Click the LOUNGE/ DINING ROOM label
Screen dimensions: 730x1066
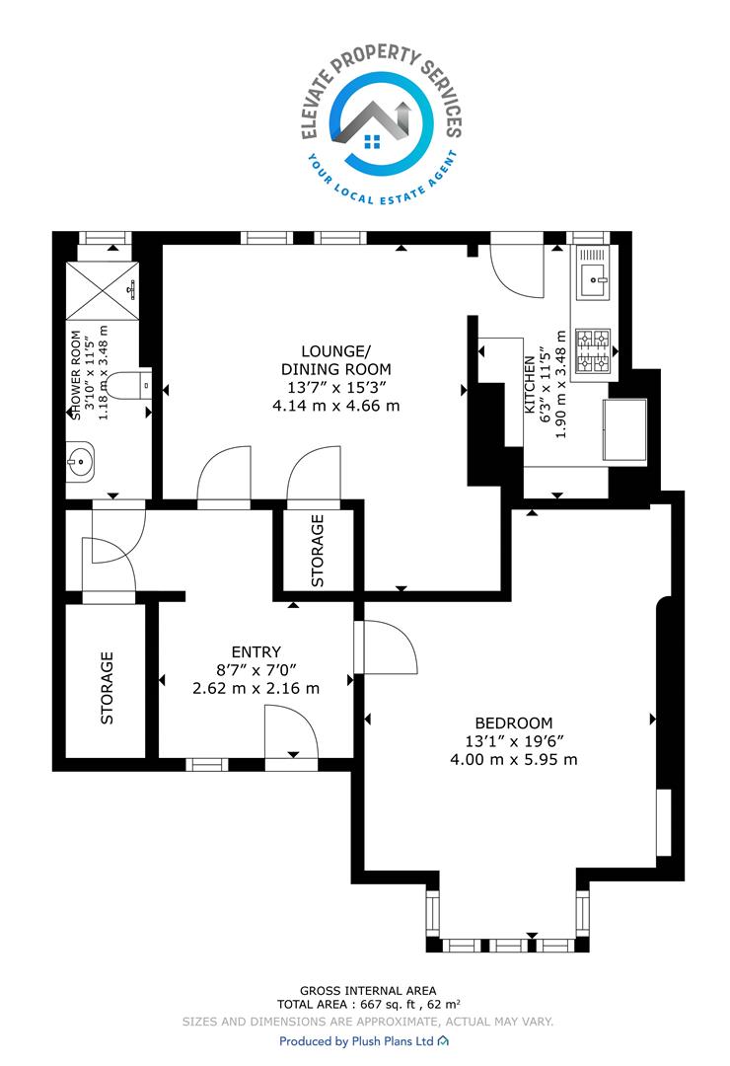(x=335, y=360)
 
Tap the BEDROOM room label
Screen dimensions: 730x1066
(x=513, y=723)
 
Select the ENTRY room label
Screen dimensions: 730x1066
(x=255, y=652)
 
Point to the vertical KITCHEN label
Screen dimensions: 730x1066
(x=529, y=385)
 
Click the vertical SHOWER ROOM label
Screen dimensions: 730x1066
(x=76, y=375)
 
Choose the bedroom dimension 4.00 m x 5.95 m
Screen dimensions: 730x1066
(x=513, y=759)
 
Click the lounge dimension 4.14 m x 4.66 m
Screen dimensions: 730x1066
(x=335, y=406)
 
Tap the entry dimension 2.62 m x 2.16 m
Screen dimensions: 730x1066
(x=255, y=688)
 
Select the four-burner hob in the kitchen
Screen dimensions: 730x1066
(x=594, y=350)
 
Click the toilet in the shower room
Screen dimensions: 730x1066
(x=129, y=386)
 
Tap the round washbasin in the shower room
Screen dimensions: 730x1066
(x=80, y=462)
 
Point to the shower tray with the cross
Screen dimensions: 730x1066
(x=102, y=290)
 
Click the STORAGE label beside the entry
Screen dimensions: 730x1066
(x=107, y=688)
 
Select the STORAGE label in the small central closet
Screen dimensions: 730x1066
(x=317, y=551)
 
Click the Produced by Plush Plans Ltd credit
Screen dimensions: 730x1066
(x=364, y=1041)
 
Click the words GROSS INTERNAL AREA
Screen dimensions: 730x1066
(x=368, y=991)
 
